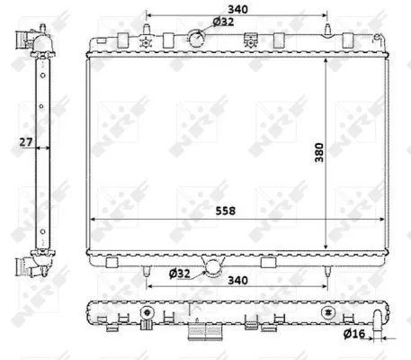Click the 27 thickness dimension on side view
(28, 140)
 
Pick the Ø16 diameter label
(353, 337)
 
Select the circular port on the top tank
(196, 38)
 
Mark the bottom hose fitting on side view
(29, 267)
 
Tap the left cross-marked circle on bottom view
(145, 314)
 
